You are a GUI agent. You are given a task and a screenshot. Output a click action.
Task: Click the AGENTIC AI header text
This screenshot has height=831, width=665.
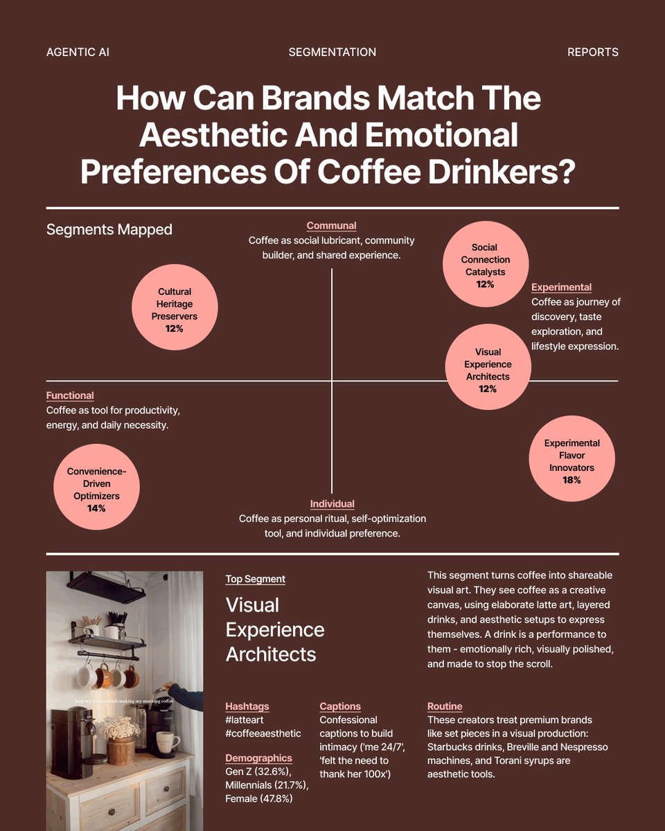78,53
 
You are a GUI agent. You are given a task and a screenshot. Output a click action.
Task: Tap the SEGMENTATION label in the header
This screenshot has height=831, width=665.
332,53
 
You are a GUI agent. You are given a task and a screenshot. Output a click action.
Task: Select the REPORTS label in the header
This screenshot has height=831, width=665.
592,53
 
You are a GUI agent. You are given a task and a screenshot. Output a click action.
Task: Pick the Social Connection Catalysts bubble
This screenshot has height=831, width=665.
485,264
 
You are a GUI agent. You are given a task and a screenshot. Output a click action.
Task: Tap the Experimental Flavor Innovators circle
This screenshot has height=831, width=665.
571,458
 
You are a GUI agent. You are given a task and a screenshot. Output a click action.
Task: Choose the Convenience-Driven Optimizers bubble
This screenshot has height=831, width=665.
96,487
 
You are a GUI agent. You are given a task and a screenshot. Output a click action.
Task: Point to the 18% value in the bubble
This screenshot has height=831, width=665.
571,480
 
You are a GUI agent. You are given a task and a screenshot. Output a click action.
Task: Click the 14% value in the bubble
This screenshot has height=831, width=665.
96,508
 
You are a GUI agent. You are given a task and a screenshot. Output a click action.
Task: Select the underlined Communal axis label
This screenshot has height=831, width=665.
331,226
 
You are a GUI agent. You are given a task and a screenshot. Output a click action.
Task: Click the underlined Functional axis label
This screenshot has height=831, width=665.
70,395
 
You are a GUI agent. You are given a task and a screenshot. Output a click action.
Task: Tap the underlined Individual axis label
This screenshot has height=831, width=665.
332,504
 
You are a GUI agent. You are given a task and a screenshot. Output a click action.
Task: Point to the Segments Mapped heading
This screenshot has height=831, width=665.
109,229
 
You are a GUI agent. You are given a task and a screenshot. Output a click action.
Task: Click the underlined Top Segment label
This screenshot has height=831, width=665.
255,579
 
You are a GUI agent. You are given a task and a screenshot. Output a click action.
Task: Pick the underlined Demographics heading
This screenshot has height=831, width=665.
258,758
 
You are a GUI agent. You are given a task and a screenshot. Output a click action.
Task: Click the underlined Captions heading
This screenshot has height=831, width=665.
340,706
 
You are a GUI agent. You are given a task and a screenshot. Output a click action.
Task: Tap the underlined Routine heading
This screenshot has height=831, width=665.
445,706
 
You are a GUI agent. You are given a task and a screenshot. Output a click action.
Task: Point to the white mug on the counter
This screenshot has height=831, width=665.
166,744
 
